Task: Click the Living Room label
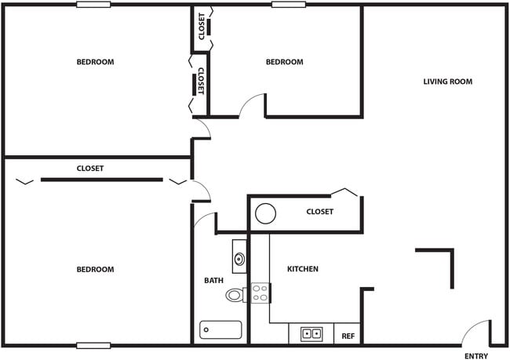coord(447,82)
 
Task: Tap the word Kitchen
coord(302,269)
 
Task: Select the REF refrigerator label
coord(348,335)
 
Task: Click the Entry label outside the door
coord(475,356)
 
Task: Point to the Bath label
coord(213,280)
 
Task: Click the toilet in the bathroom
coord(235,296)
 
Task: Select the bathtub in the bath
coord(220,330)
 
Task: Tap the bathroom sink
coord(239,256)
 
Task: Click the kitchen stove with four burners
coord(260,293)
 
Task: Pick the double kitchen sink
coord(311,333)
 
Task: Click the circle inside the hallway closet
coord(265,213)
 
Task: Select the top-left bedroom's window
coord(93,5)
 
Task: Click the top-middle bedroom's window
coord(288,5)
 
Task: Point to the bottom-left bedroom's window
coord(93,345)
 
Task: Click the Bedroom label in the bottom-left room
coord(95,269)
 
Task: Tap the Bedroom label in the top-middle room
coord(284,62)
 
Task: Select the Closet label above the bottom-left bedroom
coord(90,169)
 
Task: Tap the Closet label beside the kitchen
coord(319,212)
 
